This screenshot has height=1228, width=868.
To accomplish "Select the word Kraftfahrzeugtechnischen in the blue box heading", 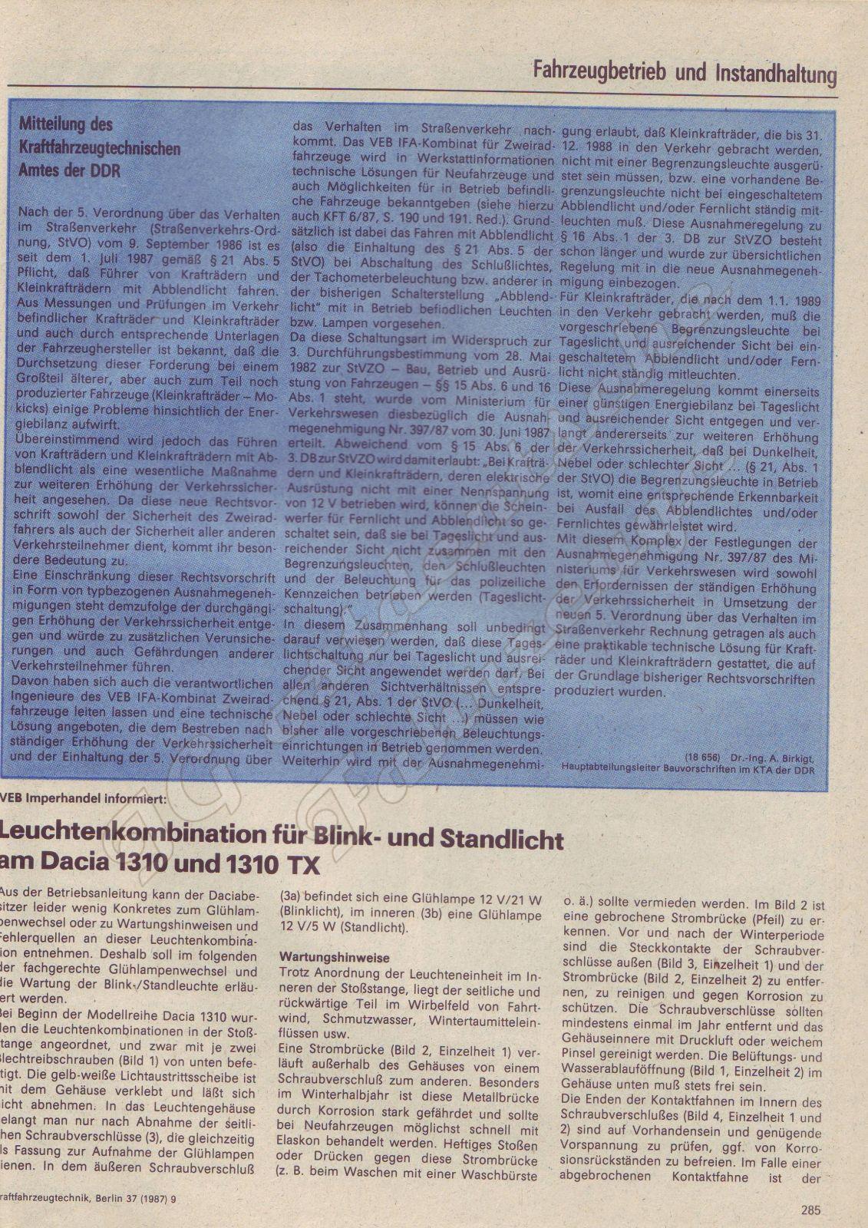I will click(99, 147).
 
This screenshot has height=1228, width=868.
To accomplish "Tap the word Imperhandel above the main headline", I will click(68, 798).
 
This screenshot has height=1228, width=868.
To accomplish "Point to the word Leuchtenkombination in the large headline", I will click(137, 837).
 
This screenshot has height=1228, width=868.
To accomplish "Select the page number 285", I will click(810, 1210).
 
